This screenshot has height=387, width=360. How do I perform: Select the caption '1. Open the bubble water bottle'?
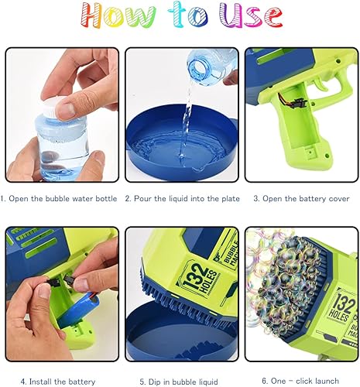click(x=60, y=199)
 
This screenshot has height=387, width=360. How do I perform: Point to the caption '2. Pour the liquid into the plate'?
click(x=180, y=199)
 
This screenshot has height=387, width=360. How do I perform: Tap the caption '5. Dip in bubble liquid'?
click(x=180, y=381)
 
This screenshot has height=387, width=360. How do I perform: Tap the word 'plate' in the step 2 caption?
click(x=224, y=199)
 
